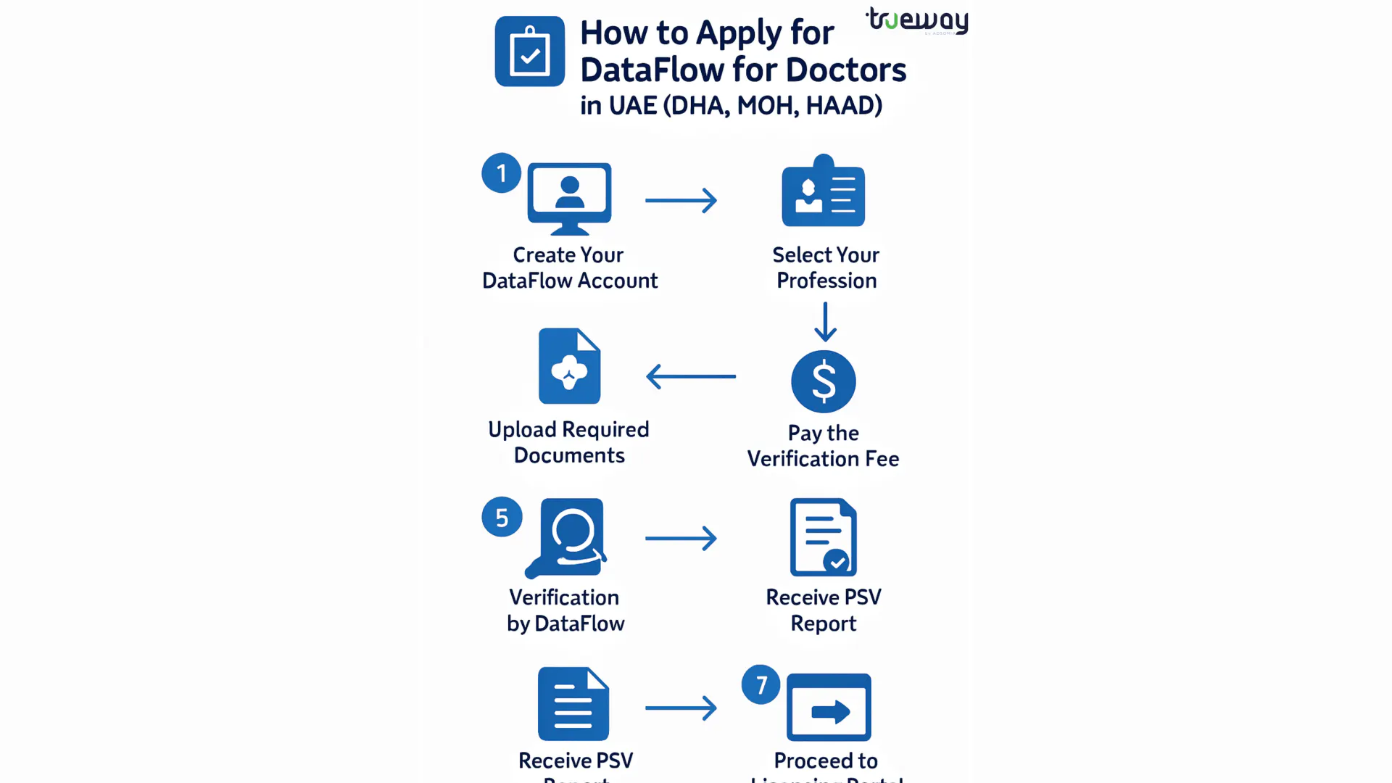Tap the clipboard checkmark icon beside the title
tap(530, 51)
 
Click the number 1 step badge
tap(501, 173)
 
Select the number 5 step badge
tap(502, 517)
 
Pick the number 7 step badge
tap(761, 684)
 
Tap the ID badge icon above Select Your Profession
tap(824, 192)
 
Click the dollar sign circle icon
tap(824, 381)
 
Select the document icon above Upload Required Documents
tap(570, 366)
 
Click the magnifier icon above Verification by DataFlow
tap(570, 536)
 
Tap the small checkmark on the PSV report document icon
tap(837, 561)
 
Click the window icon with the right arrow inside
tap(829, 708)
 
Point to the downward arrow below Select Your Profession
tap(825, 321)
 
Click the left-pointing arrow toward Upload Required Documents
tap(691, 376)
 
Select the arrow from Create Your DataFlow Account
tap(681, 200)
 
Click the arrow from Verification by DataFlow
tap(681, 538)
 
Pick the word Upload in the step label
tap(522, 430)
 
